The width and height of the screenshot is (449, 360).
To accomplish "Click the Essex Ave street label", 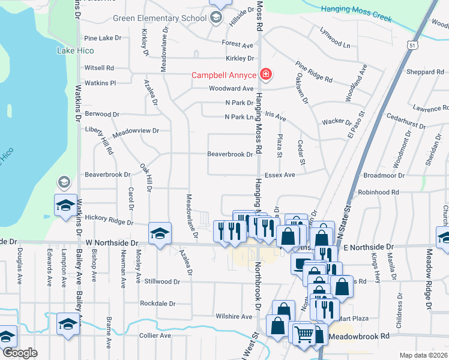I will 280,175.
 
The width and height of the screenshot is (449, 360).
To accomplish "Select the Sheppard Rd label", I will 425,72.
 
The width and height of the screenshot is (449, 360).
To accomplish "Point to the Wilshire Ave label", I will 234,316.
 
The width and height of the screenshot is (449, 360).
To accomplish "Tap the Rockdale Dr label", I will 157,304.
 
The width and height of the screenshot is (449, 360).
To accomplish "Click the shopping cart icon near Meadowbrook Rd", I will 304,333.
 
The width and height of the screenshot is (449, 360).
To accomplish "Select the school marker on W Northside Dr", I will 160,233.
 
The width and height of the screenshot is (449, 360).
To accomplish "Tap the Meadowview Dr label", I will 136,130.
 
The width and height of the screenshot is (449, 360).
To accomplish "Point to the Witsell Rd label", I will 99,68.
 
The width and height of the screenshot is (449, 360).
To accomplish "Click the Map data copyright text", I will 424,355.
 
